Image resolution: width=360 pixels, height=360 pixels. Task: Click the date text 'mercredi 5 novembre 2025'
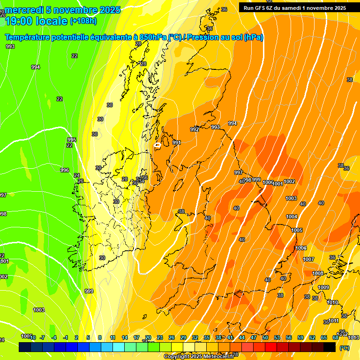[x=62, y=10]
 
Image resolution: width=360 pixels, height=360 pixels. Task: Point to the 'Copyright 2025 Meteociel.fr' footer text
[x=199, y=356]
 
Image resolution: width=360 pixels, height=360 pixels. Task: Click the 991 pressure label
[x=177, y=142]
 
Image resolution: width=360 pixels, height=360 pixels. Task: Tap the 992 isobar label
[x=195, y=129]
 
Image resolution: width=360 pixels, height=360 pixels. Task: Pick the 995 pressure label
[x=72, y=140]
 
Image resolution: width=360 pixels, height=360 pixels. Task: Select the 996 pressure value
[x=65, y=170]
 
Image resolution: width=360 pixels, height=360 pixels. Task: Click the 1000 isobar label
[x=268, y=182]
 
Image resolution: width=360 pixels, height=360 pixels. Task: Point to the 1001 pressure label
[x=277, y=184]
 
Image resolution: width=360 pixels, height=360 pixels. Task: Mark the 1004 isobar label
[x=292, y=217]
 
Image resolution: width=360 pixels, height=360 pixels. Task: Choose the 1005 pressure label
[x=297, y=230]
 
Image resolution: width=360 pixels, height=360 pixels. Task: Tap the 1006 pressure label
[x=301, y=248]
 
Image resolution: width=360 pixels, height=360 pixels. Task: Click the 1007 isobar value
[x=308, y=259]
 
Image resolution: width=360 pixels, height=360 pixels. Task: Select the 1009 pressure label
[x=323, y=287]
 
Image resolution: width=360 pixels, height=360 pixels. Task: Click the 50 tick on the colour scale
[x=265, y=337]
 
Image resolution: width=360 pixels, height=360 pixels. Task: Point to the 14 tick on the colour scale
[x=125, y=337]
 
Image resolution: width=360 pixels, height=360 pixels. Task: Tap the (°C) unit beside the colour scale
[x=344, y=348]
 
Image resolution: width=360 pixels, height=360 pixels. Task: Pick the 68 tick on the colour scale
[x=336, y=337]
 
